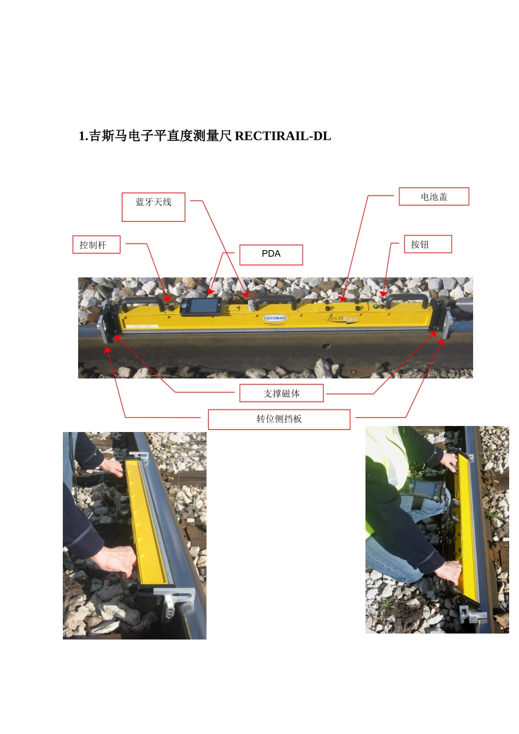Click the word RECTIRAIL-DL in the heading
(x=282, y=136)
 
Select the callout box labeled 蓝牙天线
(x=154, y=207)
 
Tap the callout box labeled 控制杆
(x=96, y=245)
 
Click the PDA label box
(x=271, y=254)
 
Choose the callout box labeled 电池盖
(x=434, y=197)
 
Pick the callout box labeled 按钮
(x=428, y=244)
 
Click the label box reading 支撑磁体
(x=281, y=393)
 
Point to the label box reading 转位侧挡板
(x=279, y=419)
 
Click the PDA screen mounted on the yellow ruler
(x=200, y=306)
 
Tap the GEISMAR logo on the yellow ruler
(x=275, y=318)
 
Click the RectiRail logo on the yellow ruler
(x=343, y=318)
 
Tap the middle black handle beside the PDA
(x=275, y=300)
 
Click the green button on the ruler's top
(x=376, y=306)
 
